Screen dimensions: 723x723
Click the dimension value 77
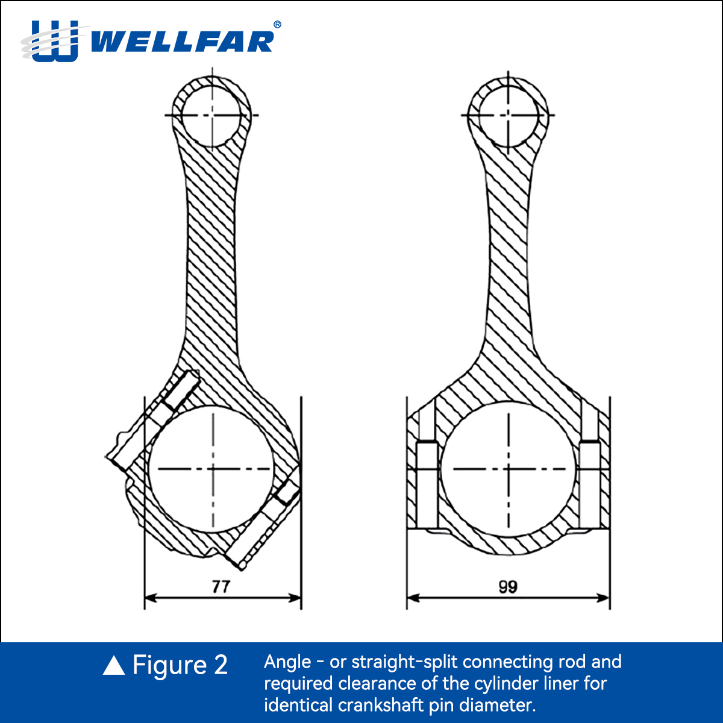pos(221,586)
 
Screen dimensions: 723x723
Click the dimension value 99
pos(508,586)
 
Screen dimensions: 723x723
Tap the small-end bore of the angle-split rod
pos(212,115)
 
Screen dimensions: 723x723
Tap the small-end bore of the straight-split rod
pos(509,115)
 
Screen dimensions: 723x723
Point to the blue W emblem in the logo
pos(54,41)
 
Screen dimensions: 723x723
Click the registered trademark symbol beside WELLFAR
pos(277,25)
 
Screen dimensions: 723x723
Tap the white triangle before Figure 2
pos(114,666)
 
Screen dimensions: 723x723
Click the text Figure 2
pos(180,665)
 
